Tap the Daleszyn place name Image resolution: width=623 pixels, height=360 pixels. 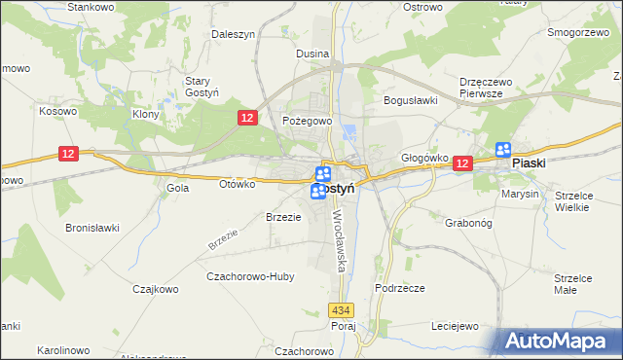234,34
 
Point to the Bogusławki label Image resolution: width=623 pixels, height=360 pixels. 412,100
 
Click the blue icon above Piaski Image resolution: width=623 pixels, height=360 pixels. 503,149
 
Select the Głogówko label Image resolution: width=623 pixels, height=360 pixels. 424,157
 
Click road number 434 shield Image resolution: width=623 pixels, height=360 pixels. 340,310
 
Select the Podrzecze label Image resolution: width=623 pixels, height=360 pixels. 399,289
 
